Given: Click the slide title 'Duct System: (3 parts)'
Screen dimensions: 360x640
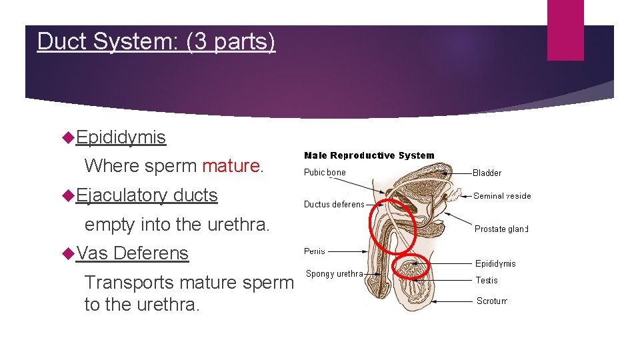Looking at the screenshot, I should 156,41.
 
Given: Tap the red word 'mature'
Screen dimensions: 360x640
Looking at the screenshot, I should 231,165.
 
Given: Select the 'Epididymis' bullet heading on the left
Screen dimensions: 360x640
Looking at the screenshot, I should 121,137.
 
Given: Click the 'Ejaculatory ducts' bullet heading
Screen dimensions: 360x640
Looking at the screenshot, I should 147,195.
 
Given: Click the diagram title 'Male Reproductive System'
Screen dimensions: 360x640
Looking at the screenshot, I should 369,155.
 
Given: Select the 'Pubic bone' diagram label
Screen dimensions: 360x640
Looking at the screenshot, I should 325,173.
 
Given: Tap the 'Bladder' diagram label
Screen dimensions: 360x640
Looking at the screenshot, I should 487,173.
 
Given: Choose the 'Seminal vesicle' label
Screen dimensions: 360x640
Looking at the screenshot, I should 502,196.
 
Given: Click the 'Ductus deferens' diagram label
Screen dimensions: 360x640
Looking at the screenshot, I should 334,205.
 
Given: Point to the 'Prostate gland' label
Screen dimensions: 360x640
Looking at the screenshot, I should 501,229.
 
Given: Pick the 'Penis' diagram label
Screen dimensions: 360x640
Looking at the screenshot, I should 315,251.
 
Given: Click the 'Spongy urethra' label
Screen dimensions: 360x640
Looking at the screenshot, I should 334,274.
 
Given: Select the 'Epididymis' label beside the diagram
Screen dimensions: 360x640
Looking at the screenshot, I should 495,264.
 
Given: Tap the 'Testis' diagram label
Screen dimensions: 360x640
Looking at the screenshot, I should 487,281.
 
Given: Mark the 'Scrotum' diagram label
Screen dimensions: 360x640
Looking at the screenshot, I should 492,301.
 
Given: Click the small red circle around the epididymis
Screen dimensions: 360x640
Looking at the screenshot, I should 413,267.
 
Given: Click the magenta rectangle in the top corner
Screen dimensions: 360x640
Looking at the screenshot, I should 565,30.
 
